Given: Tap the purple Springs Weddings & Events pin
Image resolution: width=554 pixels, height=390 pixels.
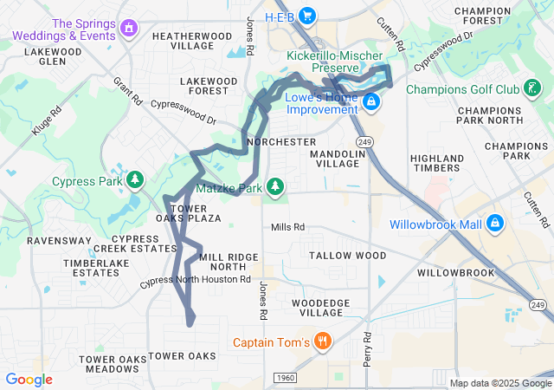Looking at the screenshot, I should tap(129, 29).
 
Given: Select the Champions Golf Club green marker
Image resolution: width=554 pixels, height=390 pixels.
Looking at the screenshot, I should tap(533, 88).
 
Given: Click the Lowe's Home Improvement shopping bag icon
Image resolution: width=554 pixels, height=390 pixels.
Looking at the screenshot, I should tap(370, 102).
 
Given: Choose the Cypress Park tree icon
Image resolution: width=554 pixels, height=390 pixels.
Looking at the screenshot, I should tap(134, 180).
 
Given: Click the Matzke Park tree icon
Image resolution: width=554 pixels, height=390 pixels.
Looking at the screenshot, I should tap(275, 186).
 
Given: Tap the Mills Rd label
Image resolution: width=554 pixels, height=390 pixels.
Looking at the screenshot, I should tap(287, 227).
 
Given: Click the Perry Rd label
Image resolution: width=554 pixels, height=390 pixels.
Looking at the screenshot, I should tap(367, 347).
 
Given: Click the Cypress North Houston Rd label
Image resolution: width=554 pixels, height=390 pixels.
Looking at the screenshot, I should tap(195, 280).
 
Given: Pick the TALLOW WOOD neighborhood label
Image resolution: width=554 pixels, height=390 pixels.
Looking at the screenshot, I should tap(347, 256).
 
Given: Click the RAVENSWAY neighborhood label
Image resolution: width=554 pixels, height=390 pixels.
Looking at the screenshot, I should tap(54, 240).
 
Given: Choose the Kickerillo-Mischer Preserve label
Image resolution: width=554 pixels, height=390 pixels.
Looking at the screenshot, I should tap(333, 62).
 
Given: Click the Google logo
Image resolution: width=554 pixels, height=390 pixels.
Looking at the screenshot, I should tap(29, 380).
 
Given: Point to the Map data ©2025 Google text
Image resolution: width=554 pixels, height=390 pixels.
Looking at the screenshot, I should tap(500, 383).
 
